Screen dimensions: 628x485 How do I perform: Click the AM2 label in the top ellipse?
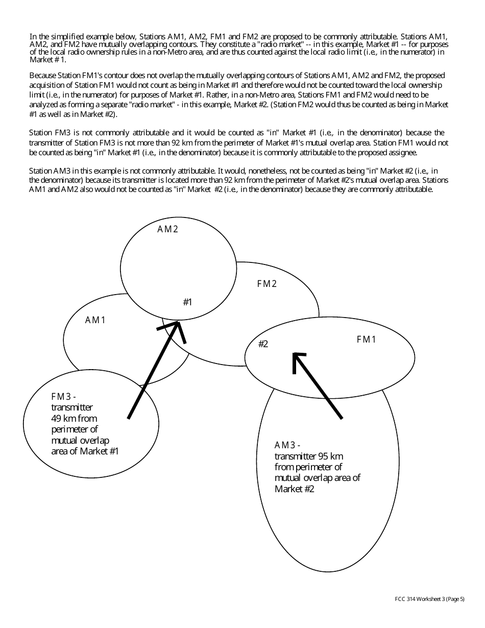(x=167, y=229)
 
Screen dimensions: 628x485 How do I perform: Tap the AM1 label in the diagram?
(x=95, y=320)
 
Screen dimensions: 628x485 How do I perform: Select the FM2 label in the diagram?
(x=266, y=284)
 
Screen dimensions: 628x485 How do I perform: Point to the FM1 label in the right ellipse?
(x=366, y=340)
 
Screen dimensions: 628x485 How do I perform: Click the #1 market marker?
(x=187, y=302)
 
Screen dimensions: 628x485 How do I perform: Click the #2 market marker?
(x=263, y=344)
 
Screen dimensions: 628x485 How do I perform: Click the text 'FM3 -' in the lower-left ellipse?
(x=64, y=397)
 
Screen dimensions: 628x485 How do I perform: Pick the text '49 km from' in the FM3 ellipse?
(x=74, y=419)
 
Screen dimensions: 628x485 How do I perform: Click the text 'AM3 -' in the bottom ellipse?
(x=287, y=445)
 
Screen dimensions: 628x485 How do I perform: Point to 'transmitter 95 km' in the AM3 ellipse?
(x=309, y=456)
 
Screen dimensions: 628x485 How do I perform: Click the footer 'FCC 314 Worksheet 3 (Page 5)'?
(x=429, y=599)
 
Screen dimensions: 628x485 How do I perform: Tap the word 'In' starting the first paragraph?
(x=33, y=36)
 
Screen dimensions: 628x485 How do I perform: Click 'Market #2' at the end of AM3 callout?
(x=295, y=489)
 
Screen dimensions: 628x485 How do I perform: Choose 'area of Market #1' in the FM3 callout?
(x=85, y=451)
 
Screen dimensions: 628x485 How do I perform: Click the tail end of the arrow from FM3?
(x=129, y=418)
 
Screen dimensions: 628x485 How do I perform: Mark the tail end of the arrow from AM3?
(x=341, y=418)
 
